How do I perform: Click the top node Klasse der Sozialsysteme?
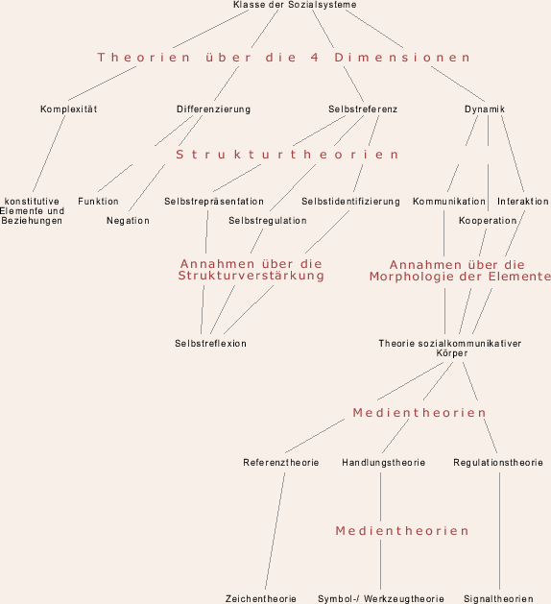(295, 5)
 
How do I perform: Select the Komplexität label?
(68, 109)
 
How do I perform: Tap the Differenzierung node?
(213, 109)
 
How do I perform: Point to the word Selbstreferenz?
(363, 109)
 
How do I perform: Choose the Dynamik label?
(485, 109)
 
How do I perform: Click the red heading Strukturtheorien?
(287, 155)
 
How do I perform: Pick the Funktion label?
(98, 202)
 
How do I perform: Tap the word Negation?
(128, 221)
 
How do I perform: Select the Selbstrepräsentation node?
(214, 202)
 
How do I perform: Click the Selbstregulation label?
(268, 221)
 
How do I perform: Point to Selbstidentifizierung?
(350, 202)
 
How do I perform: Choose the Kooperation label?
(488, 221)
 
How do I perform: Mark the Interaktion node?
(523, 202)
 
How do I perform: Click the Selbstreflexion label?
(210, 344)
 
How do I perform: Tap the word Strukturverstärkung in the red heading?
(252, 276)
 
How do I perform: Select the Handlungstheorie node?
(384, 463)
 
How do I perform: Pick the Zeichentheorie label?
(261, 599)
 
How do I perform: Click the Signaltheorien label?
(498, 599)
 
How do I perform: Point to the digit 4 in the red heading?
(315, 58)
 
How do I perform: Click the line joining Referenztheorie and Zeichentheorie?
(275, 531)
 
